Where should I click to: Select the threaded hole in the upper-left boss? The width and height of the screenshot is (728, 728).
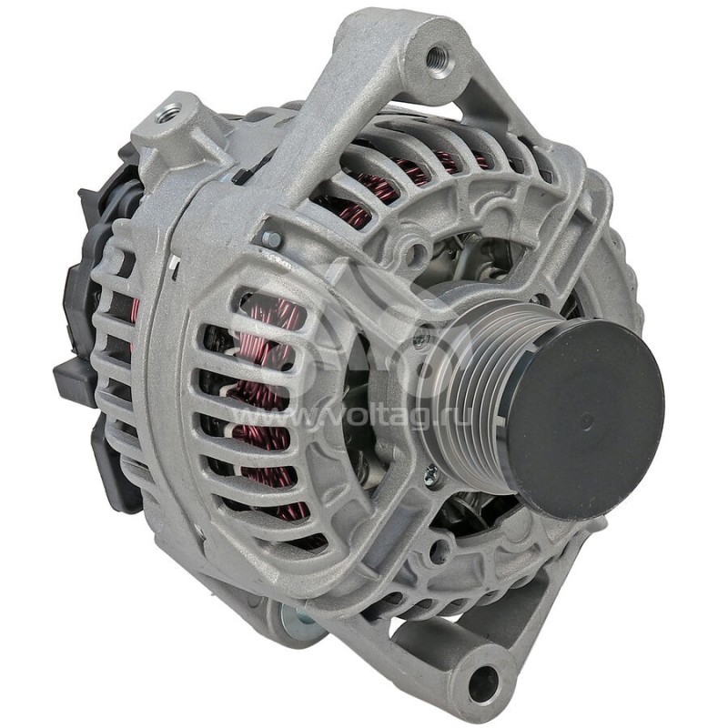(168, 114)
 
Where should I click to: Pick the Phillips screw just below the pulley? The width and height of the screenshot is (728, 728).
(431, 472)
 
